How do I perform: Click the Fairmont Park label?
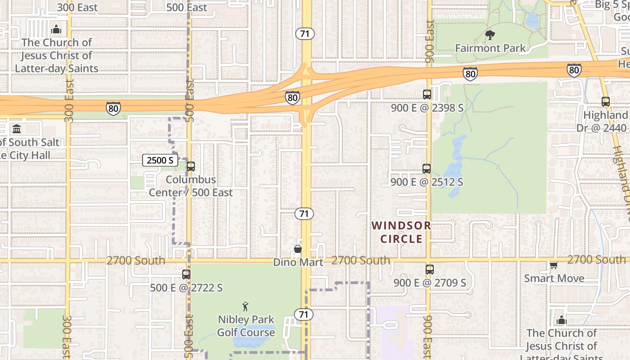click(490, 48)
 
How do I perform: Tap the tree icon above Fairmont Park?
click(490, 35)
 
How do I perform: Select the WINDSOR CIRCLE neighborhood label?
click(401, 232)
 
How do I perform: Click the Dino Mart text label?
click(298, 262)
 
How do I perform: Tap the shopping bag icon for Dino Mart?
click(297, 249)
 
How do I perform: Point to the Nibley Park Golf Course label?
click(246, 326)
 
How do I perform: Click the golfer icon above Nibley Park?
click(245, 307)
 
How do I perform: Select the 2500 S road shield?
click(160, 160)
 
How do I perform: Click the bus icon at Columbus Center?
click(191, 166)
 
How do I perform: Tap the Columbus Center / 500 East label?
click(191, 186)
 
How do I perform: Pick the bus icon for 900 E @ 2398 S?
click(427, 94)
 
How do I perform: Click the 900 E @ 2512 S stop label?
click(427, 182)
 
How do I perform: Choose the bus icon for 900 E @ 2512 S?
click(427, 169)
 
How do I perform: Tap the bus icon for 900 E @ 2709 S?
click(430, 270)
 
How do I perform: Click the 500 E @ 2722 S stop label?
click(186, 288)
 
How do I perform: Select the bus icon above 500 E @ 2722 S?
click(186, 274)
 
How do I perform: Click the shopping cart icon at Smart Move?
click(553, 265)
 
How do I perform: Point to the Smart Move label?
click(554, 278)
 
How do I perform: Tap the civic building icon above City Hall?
click(17, 129)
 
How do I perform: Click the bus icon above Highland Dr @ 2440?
click(606, 102)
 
